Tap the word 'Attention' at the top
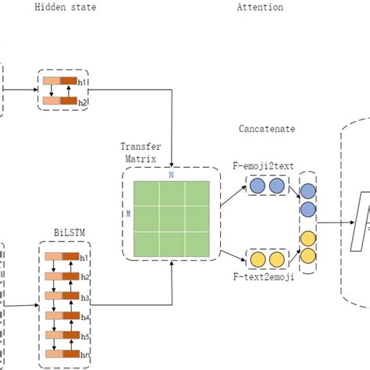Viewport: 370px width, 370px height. [x=260, y=7]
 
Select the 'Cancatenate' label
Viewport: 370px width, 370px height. [x=268, y=128]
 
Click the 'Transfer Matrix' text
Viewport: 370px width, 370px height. [x=141, y=151]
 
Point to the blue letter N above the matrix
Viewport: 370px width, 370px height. [x=171, y=176]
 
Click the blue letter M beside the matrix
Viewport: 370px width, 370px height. [x=129, y=212]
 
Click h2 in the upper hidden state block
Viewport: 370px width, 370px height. [x=84, y=101]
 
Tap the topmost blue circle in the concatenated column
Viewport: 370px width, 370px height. [x=308, y=191]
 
